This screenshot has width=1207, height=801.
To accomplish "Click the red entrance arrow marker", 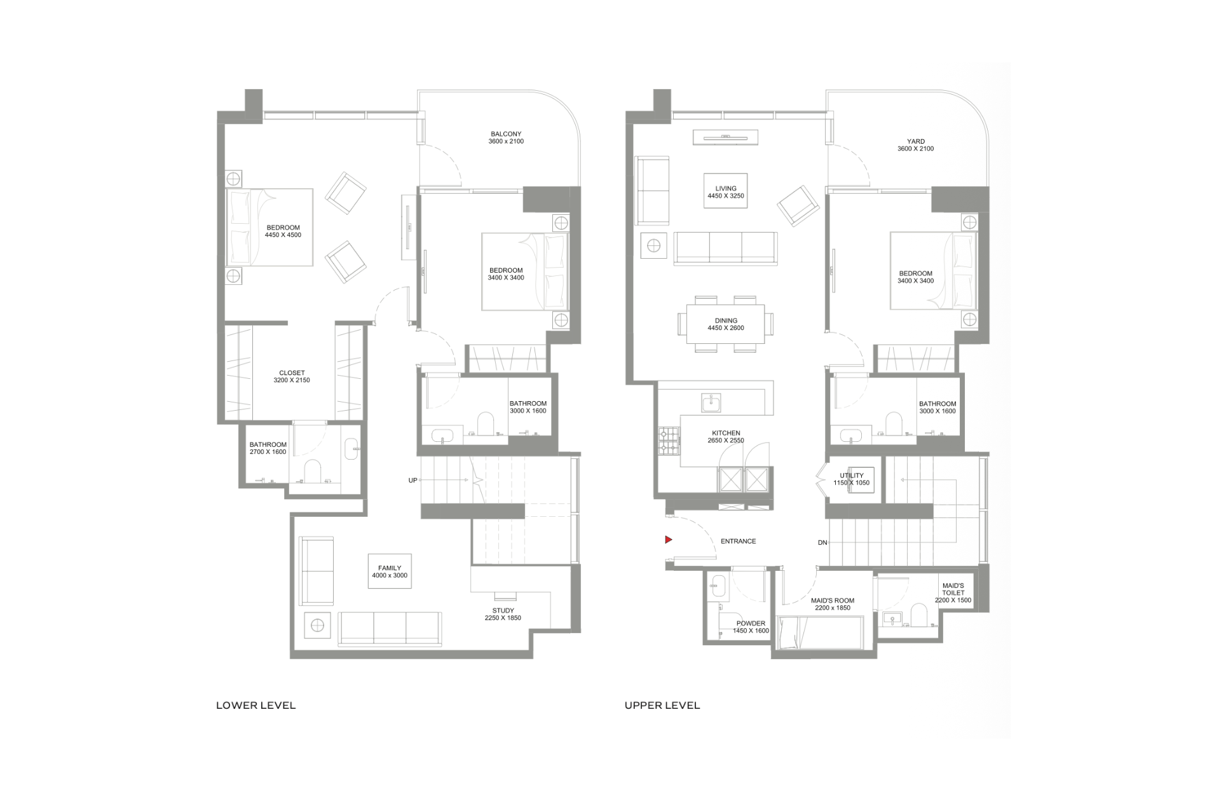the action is [668, 540].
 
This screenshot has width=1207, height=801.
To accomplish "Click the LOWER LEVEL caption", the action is [256, 705].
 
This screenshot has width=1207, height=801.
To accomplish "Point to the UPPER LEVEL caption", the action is [662, 705].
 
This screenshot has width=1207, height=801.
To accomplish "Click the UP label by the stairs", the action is [413, 481].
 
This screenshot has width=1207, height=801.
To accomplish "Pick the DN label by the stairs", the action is [822, 543].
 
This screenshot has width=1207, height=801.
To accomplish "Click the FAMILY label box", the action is [390, 572].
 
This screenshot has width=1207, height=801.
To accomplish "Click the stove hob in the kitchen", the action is [669, 441].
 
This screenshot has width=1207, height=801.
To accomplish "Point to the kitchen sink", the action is [711, 403].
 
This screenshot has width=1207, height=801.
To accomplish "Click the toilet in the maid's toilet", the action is [919, 615].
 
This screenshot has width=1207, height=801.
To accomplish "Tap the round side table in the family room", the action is [317, 626].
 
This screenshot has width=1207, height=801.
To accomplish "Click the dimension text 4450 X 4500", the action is [283, 235].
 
